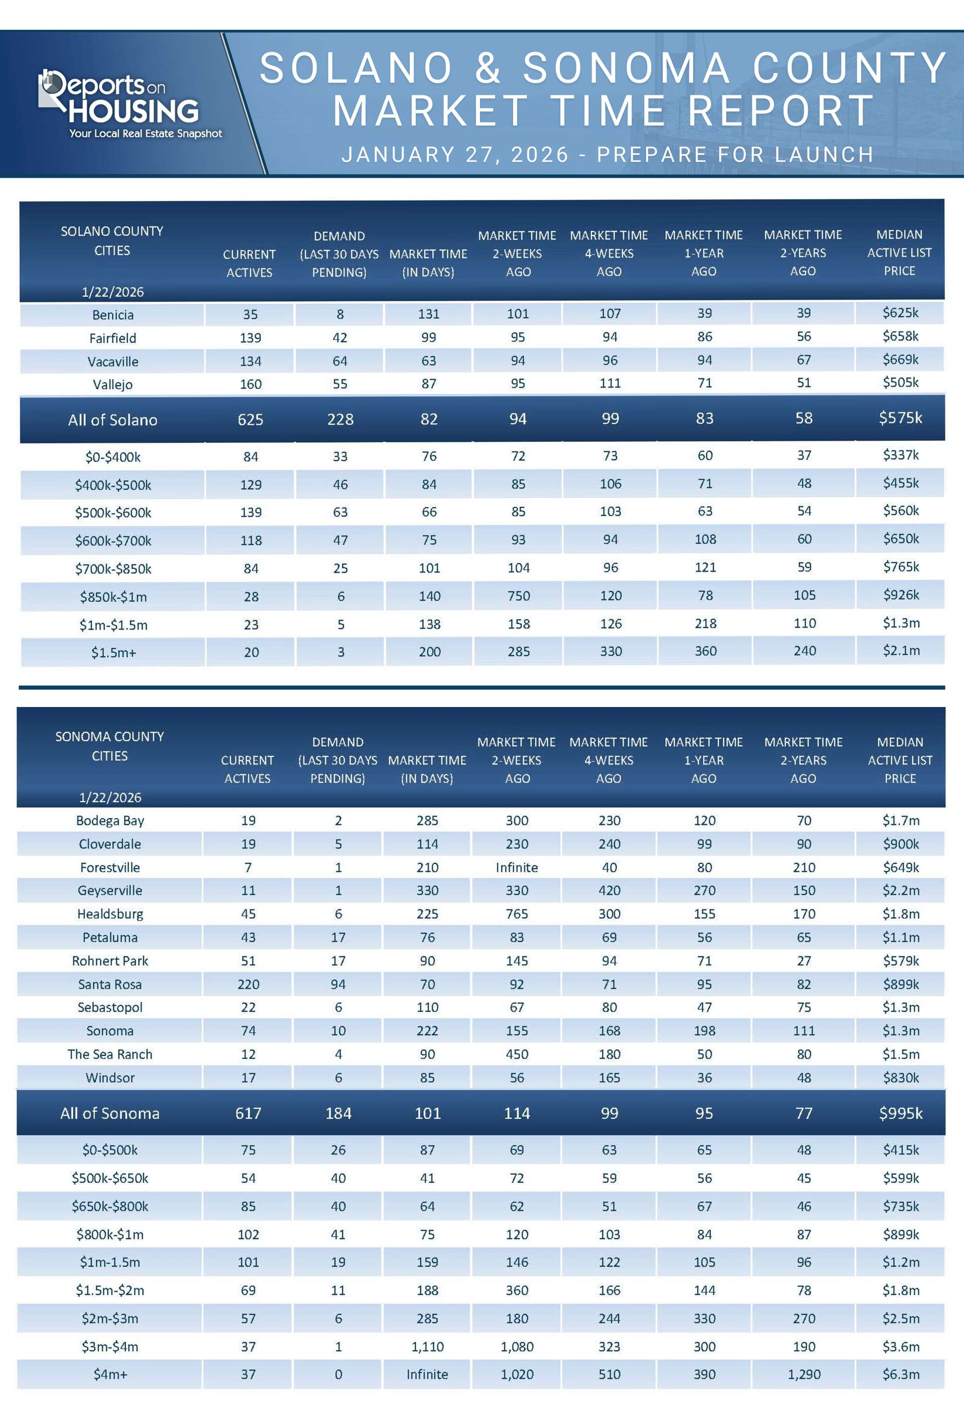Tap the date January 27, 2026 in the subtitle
455,155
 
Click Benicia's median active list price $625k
900,313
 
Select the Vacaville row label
112,362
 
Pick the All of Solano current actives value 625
250,419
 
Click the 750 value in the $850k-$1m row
518,596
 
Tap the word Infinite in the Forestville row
516,867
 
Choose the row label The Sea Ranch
110,1054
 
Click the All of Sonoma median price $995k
900,1113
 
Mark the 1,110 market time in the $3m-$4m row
427,1347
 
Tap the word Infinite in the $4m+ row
427,1374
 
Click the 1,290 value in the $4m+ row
804,1374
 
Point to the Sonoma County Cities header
109,746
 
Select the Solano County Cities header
112,241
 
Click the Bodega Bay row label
110,820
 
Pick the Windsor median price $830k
900,1078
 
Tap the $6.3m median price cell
900,1374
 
